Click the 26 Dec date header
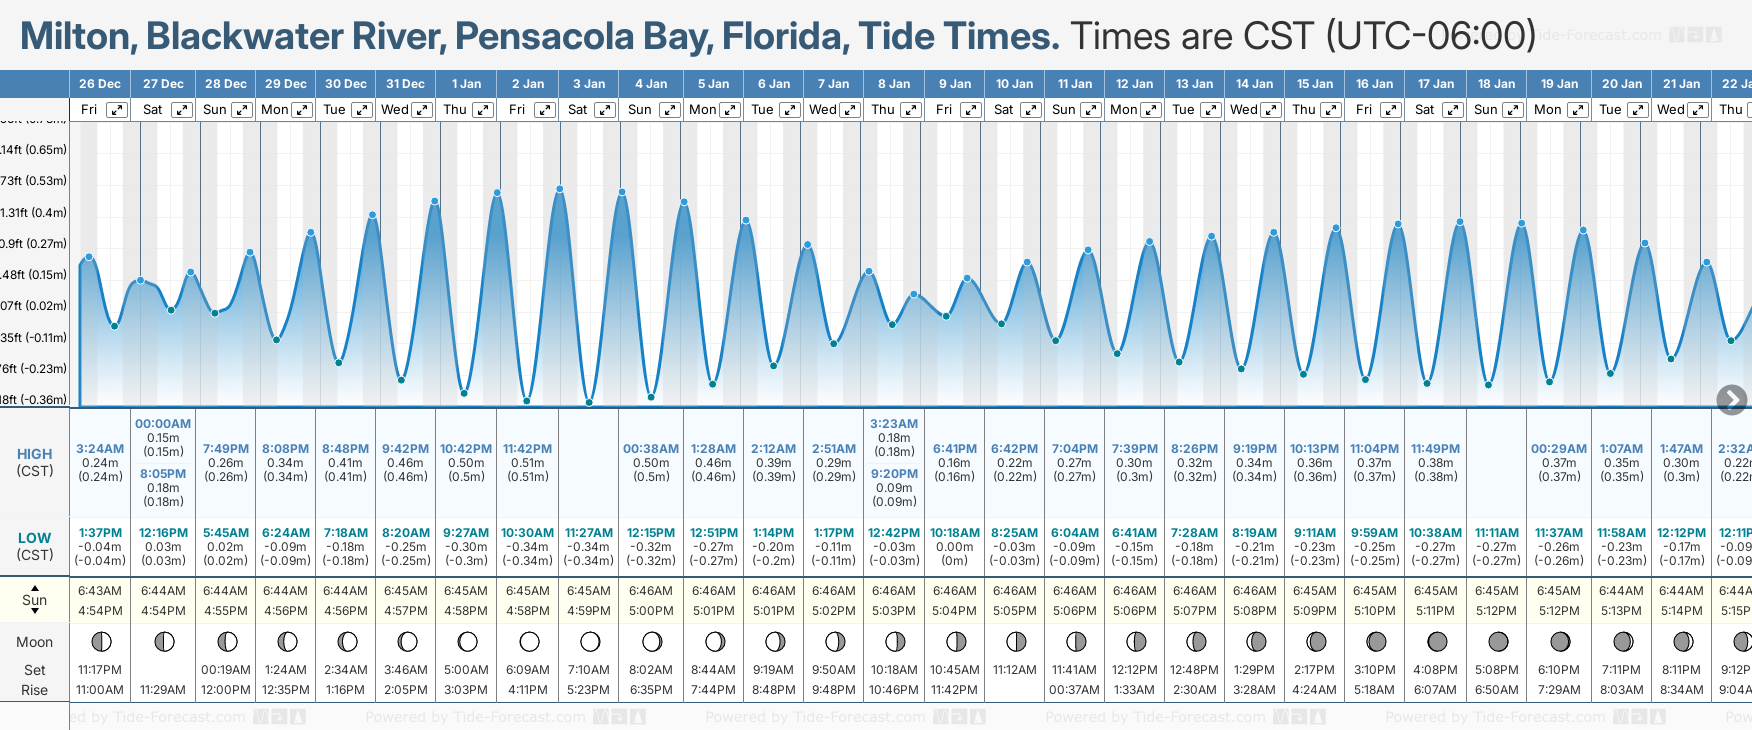pyautogui.click(x=100, y=84)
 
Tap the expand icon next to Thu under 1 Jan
pyautogui.click(x=482, y=110)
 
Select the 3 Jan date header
pyautogui.click(x=589, y=84)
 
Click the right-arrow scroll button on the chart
pyautogui.click(x=1731, y=400)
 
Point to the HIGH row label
pyautogui.click(x=35, y=454)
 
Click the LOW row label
pyautogui.click(x=35, y=538)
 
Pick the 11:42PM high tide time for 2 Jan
pyautogui.click(x=528, y=449)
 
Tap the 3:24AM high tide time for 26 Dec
pyautogui.click(x=100, y=449)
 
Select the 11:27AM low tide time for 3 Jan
pyautogui.click(x=589, y=533)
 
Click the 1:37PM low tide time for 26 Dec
pyautogui.click(x=100, y=533)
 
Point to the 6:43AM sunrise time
pyautogui.click(x=100, y=591)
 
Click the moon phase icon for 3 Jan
pyautogui.click(x=590, y=641)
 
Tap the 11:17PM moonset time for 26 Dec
pyautogui.click(x=100, y=670)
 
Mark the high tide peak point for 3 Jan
pyautogui.click(x=560, y=188)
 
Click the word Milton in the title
pyautogui.click(x=78, y=37)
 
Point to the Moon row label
pyautogui.click(x=35, y=642)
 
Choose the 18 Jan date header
pyautogui.click(x=1497, y=84)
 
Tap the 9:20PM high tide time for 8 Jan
pyautogui.click(x=894, y=474)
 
